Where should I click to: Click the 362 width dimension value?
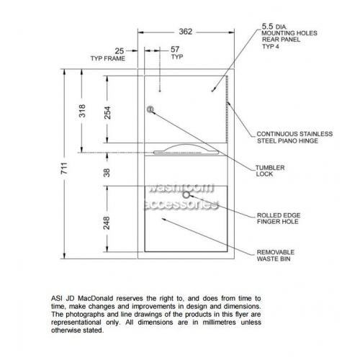186,32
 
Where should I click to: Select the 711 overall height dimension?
64,168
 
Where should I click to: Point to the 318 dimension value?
82,111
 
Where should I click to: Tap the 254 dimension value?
107,112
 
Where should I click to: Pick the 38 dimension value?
107,173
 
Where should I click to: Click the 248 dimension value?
107,223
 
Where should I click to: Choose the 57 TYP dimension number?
175,49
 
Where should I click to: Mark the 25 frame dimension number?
120,51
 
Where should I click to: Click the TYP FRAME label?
108,58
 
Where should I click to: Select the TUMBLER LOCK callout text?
270,171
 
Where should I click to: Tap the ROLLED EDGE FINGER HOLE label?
279,218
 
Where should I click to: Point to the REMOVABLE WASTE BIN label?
276,256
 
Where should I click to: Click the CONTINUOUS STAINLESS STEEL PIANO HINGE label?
294,138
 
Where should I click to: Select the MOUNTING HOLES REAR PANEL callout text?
289,36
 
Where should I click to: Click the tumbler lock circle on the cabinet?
150,109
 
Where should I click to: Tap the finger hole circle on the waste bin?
186,195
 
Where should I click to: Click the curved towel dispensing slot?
186,150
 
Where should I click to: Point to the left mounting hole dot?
160,91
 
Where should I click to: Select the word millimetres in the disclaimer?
219,323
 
